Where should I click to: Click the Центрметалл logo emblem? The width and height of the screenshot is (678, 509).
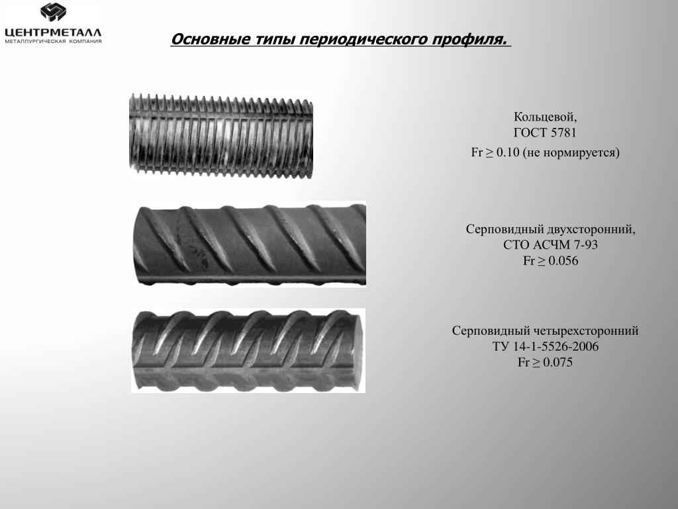tap(53, 12)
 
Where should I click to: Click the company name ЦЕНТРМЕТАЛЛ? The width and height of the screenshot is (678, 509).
tap(53, 32)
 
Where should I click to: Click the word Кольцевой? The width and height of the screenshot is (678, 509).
tap(545, 117)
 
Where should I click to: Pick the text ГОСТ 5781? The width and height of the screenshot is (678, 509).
tap(545, 133)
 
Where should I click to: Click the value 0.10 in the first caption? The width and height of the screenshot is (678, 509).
tap(507, 152)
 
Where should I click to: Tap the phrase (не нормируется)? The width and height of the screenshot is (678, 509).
tap(571, 153)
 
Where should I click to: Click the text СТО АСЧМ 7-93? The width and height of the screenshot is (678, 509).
tap(550, 245)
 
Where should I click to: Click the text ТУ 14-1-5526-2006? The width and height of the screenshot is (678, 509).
tap(546, 347)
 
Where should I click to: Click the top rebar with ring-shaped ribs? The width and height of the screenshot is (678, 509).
tap(221, 135)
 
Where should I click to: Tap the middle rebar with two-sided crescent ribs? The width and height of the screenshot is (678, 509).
tap(250, 244)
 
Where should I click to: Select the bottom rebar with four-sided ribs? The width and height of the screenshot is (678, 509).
tap(248, 351)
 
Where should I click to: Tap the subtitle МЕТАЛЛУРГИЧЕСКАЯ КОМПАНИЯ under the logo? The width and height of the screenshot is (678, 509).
tap(53, 42)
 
